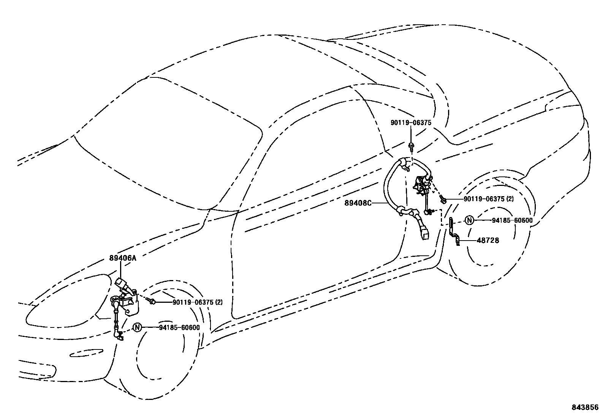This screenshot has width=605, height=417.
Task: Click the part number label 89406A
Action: click(x=122, y=258)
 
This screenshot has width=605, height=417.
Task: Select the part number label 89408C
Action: click(x=358, y=203)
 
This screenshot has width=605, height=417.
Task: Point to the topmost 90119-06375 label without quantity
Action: click(x=411, y=123)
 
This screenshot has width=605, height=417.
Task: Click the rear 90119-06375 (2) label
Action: click(x=488, y=199)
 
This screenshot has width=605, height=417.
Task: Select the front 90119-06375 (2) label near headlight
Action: click(x=197, y=302)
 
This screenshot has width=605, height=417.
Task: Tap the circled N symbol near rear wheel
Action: click(x=470, y=220)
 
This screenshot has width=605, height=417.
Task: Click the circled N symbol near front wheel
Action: click(x=137, y=327)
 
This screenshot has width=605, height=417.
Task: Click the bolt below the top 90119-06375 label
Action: click(x=411, y=146)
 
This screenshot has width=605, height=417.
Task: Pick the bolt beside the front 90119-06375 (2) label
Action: click(x=152, y=302)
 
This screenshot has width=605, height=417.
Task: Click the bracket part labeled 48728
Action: click(x=454, y=231)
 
